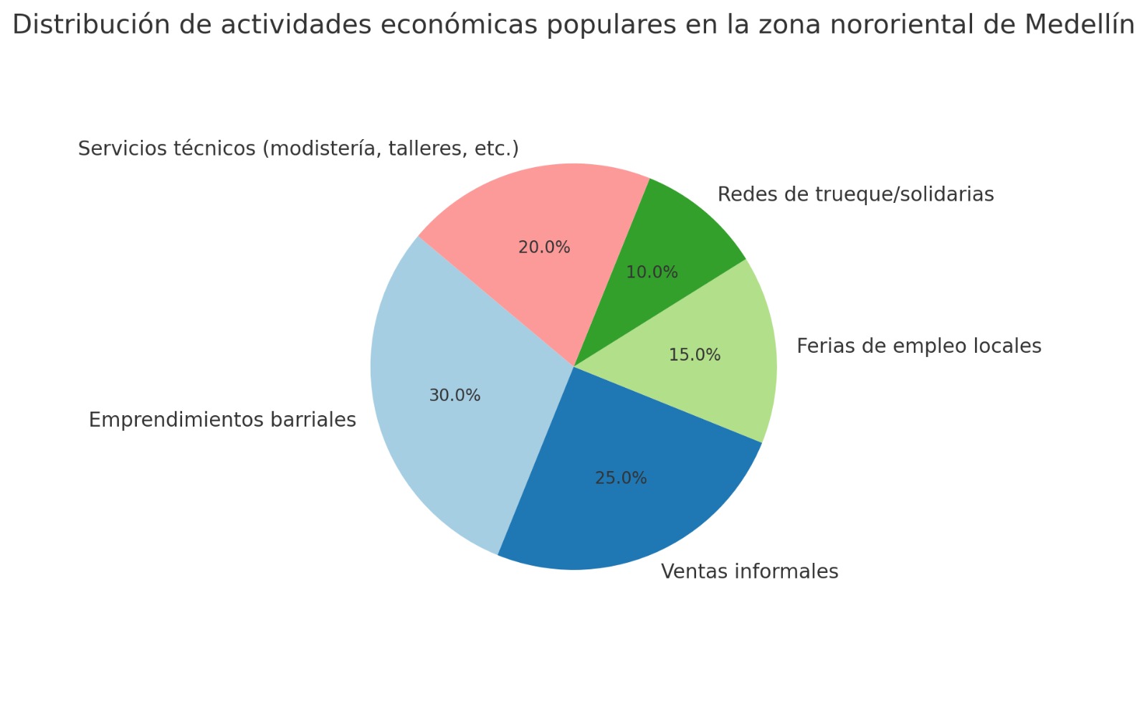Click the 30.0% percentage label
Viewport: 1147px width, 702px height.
[x=454, y=396]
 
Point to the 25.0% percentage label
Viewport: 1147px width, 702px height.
[x=621, y=478]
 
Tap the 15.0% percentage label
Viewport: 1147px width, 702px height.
[x=694, y=355]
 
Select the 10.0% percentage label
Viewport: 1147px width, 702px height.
[x=652, y=272]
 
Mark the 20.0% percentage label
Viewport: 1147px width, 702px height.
[x=544, y=247]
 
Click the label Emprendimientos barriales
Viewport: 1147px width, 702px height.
[x=222, y=420]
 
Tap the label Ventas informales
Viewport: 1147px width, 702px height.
[x=749, y=571]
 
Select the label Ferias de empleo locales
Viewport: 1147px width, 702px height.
[x=918, y=346]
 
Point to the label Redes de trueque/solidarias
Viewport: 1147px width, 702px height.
[x=855, y=194]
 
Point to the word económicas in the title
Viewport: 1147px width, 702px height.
[x=462, y=25]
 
